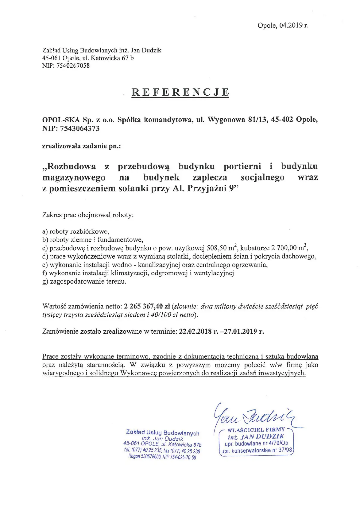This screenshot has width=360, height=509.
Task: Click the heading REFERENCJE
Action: pyautogui.click(x=180, y=92)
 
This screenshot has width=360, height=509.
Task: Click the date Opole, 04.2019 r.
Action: pyautogui.click(x=283, y=25)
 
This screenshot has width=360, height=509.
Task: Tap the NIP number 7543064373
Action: pyautogui.click(x=80, y=129)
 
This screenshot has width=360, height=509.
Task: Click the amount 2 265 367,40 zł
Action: pyautogui.click(x=147, y=306)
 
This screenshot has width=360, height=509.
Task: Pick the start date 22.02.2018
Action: pyautogui.click(x=196, y=331)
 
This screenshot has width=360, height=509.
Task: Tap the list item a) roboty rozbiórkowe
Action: pyautogui.click(x=76, y=231)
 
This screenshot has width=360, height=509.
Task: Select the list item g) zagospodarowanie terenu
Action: pyautogui.click(x=84, y=281)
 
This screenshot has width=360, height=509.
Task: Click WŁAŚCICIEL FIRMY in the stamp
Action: pyautogui.click(x=256, y=430)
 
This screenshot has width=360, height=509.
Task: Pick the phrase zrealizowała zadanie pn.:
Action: pyautogui.click(x=81, y=146)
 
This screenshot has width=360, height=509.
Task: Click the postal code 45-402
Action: pyautogui.click(x=282, y=120)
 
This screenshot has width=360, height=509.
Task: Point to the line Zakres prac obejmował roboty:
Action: pyautogui.click(x=88, y=215)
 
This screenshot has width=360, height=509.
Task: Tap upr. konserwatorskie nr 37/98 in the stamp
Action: pyautogui.click(x=256, y=450)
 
